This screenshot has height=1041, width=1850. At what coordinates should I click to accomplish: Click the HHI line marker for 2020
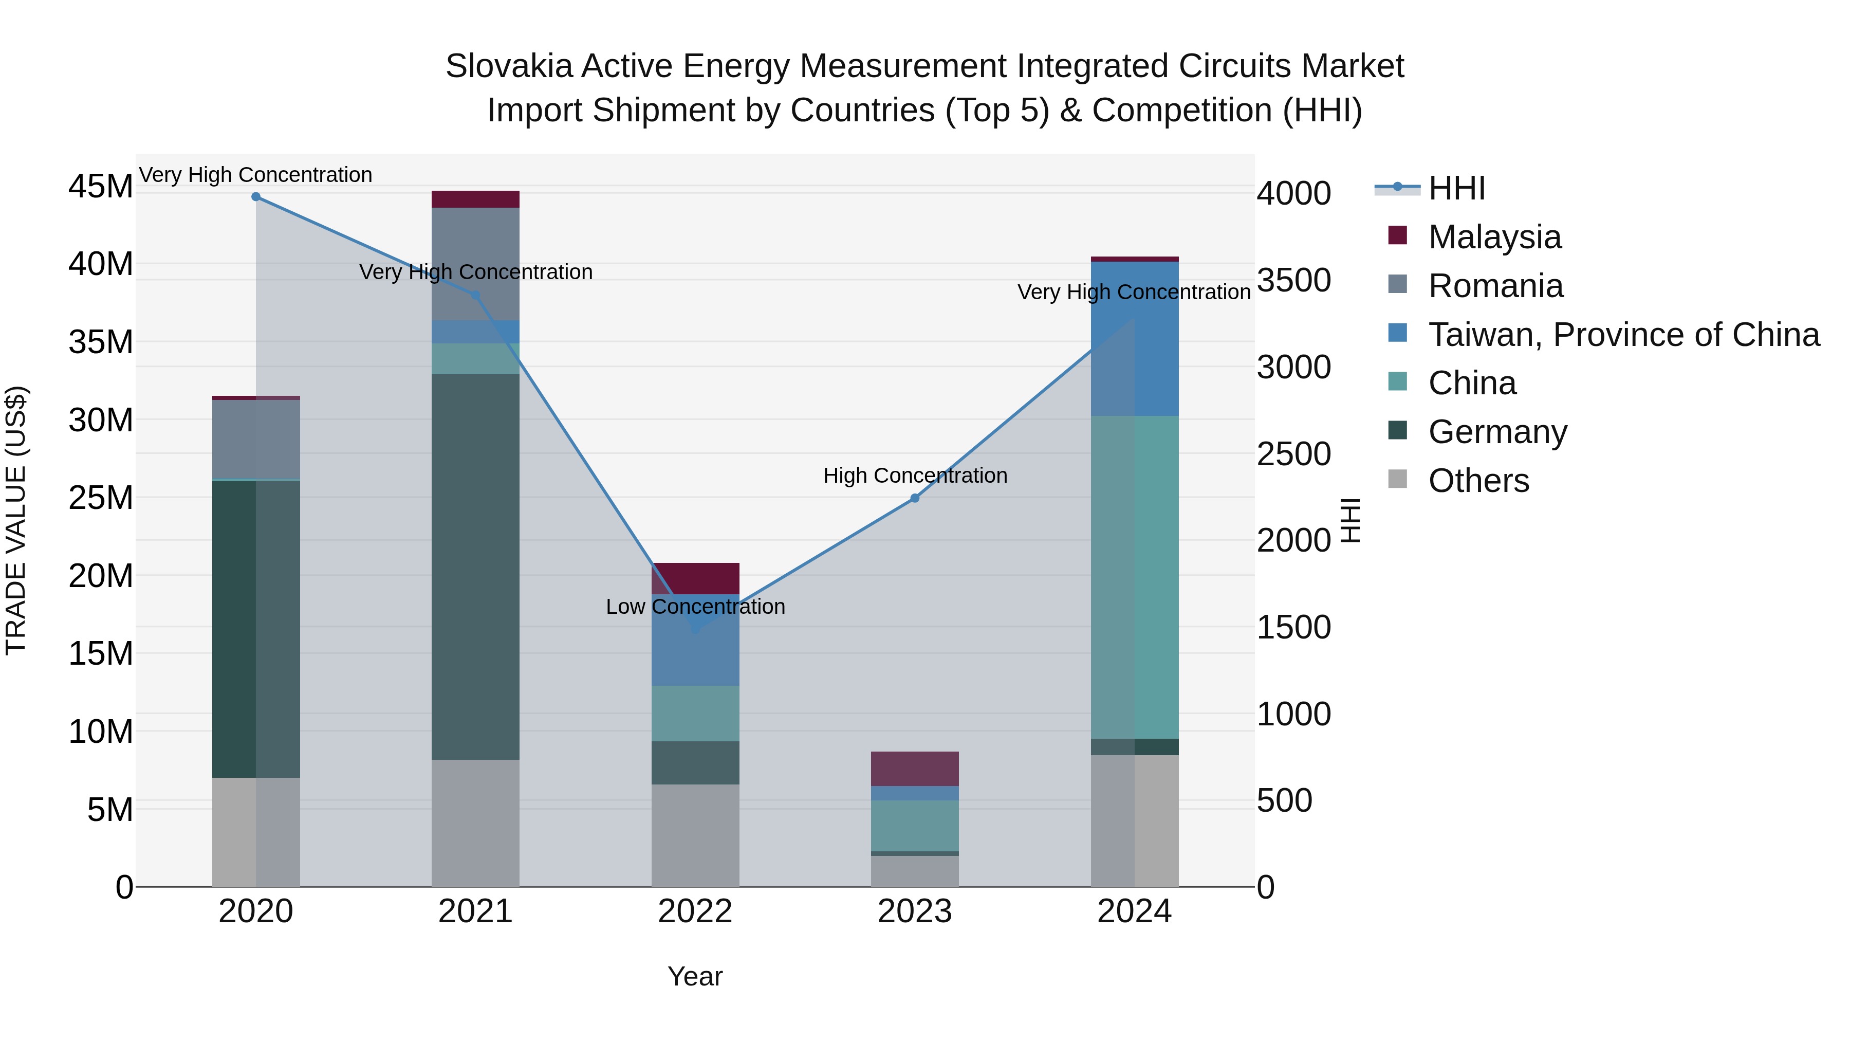coord(256,197)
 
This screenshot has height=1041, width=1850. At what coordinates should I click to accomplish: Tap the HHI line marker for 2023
coord(914,498)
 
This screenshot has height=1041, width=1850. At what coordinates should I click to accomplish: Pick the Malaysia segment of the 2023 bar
coord(914,769)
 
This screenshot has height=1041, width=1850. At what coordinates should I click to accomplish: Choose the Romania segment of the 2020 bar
coord(256,439)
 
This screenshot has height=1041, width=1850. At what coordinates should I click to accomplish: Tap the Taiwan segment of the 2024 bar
coord(1135,338)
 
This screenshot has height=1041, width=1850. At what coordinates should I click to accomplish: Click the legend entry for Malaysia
coord(1494,237)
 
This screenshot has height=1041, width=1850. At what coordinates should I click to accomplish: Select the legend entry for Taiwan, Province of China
coord(1623,335)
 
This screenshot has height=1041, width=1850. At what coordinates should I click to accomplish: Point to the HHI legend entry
coord(1456,188)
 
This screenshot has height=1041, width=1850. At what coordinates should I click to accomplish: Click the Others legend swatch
coord(1398,479)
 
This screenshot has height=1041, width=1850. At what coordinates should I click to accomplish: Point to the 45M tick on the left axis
coord(101,187)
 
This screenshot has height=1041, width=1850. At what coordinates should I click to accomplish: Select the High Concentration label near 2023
coord(914,476)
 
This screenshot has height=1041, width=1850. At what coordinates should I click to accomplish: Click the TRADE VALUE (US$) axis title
coord(16,520)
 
